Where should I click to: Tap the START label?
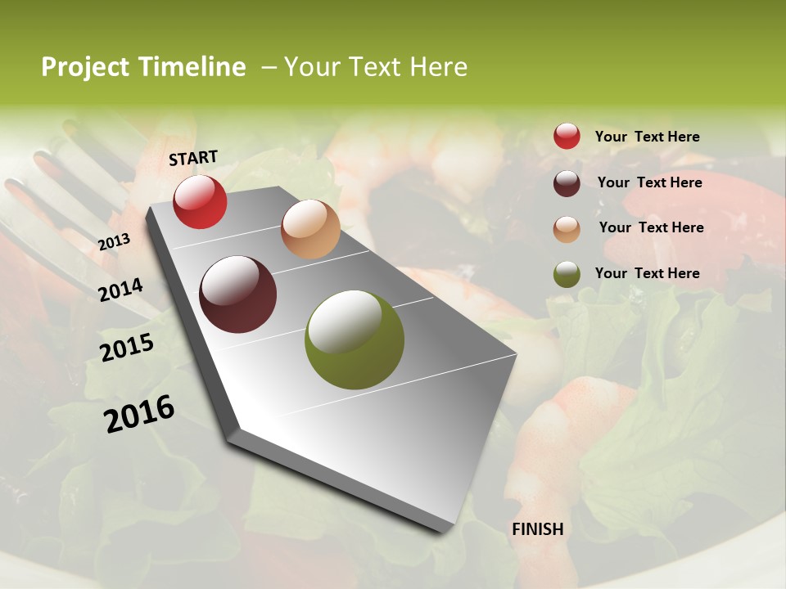tap(193, 158)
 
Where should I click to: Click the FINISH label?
tap(538, 529)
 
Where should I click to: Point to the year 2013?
tap(114, 242)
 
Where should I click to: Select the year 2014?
tap(120, 290)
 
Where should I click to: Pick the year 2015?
tap(127, 347)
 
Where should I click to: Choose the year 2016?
tap(139, 414)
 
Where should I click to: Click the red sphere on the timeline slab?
tap(200, 201)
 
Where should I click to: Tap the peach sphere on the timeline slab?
tap(310, 229)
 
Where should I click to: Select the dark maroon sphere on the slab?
tap(238, 294)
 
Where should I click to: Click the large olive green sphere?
tap(355, 339)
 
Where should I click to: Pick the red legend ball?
tap(567, 136)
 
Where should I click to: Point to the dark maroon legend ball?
tap(567, 183)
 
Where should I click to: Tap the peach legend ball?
tap(567, 229)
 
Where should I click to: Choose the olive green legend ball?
tap(567, 274)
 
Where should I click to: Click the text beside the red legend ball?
tap(648, 137)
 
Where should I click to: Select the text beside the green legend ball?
tap(648, 273)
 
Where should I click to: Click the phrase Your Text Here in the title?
tap(376, 67)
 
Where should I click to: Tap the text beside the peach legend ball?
tap(651, 227)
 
